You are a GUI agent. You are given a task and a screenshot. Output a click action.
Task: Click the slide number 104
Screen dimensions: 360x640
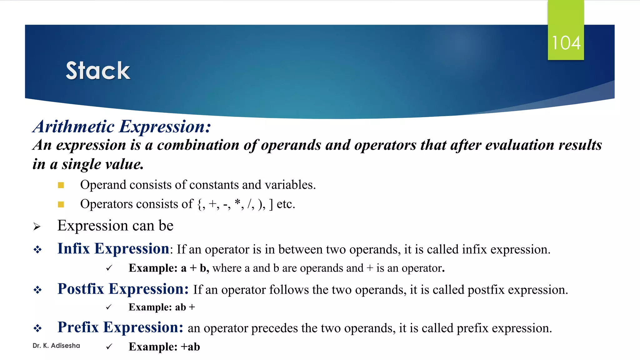coord(566,43)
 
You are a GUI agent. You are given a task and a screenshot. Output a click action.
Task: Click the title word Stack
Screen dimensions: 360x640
coord(98,71)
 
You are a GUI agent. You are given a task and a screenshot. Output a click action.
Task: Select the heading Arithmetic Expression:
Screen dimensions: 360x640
coord(122,127)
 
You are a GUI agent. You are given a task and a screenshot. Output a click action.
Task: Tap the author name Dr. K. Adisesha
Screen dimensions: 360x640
coord(56,346)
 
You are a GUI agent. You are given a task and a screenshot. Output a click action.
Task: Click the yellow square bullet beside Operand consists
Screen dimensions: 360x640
coord(61,185)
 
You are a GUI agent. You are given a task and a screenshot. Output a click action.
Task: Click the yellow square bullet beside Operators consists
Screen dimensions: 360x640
coord(61,204)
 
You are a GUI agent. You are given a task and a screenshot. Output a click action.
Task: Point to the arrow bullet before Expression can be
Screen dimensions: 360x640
coord(37,227)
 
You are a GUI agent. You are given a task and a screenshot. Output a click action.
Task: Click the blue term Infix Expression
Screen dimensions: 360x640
coord(113,249)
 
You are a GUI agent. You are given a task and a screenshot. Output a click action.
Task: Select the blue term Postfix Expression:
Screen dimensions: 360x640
coord(123,289)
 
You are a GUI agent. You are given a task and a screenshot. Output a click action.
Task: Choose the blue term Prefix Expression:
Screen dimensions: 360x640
coord(120,327)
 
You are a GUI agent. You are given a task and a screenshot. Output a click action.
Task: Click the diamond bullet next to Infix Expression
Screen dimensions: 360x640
coord(37,250)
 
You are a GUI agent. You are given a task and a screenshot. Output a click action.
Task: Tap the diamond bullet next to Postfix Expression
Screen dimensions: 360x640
coord(37,290)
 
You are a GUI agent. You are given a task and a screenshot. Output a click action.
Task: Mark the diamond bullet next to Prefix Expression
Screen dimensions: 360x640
coord(37,328)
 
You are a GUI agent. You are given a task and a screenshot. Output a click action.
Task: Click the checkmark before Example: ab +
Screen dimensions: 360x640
coord(109,307)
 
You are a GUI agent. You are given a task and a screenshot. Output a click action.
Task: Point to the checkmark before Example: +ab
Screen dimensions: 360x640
coord(109,347)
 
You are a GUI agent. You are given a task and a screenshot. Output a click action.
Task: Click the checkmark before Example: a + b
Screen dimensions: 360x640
coord(109,268)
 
